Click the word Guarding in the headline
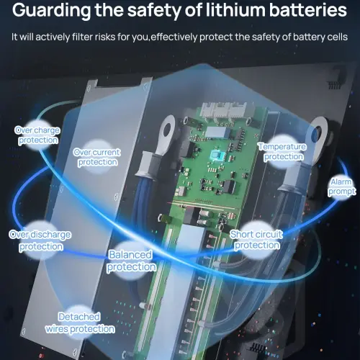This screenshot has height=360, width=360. point(51,11)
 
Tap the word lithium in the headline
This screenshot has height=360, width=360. point(235,10)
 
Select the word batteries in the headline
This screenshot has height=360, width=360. point(308,10)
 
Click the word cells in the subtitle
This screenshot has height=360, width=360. point(337,37)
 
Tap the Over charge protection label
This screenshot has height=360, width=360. point(37,135)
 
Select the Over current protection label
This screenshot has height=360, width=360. point(97,157)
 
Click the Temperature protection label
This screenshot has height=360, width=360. point(282,152)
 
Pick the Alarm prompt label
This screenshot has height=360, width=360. point(342,186)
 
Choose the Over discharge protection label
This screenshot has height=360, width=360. point(40,240)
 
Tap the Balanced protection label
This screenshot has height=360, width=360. point(131,261)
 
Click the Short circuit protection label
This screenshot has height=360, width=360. point(256,240)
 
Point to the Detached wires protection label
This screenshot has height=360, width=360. point(80,323)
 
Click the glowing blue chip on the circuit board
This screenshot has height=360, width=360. point(217,156)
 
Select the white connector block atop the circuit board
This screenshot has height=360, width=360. point(224,110)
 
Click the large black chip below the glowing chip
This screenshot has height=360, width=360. point(230,186)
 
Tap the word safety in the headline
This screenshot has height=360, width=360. point(154,11)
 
